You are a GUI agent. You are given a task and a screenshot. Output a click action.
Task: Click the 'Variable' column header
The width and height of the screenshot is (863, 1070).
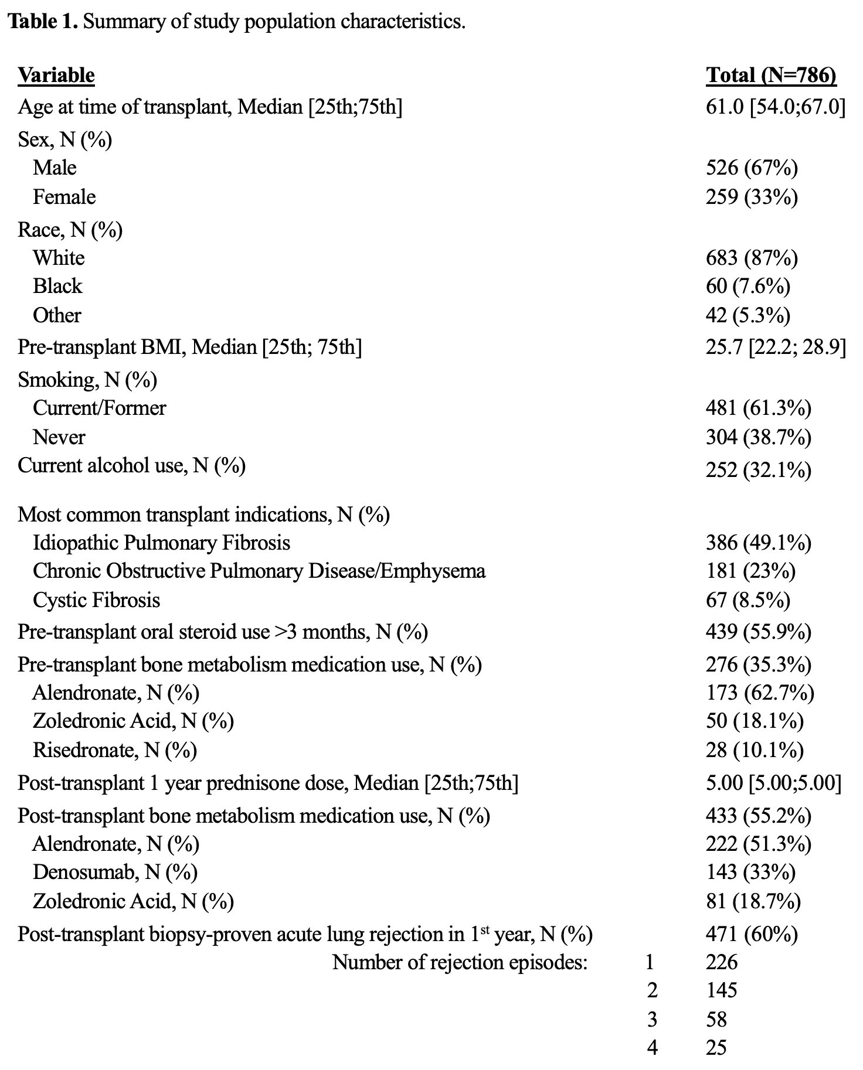point(56,76)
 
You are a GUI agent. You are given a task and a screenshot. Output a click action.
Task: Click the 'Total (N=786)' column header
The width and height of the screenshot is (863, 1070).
point(771,76)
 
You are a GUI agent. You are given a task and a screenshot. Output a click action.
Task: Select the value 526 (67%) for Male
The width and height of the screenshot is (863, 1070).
point(752,168)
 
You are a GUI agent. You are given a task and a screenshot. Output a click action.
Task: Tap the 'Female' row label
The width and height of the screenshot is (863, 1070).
point(64,197)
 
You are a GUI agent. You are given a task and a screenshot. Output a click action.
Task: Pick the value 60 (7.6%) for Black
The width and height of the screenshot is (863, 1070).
point(748,287)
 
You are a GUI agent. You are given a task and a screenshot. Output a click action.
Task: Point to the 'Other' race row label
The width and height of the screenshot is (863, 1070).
point(57,315)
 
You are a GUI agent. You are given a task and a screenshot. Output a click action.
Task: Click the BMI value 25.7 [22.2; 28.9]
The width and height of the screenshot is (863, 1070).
point(776,347)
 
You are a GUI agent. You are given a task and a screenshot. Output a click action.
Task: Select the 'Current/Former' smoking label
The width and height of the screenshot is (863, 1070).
point(99,408)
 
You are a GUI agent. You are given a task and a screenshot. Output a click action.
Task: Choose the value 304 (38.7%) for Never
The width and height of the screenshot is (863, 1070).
point(759,438)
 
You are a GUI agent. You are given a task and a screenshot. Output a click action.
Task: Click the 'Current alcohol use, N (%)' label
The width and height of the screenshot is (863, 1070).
point(131,466)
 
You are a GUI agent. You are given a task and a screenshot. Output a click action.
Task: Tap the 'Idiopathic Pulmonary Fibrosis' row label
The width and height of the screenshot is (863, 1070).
point(161,543)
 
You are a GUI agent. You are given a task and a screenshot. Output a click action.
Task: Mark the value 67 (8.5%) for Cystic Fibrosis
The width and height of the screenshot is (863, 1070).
point(748,601)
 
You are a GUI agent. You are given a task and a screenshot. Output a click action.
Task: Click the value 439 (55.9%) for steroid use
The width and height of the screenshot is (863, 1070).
point(759,632)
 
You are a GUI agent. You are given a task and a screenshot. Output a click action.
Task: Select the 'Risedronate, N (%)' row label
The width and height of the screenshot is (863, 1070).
point(115,751)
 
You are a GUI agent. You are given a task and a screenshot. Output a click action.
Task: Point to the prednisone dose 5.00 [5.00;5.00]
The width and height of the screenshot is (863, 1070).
point(773,783)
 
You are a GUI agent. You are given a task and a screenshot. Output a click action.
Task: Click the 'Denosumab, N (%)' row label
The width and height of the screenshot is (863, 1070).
point(115,873)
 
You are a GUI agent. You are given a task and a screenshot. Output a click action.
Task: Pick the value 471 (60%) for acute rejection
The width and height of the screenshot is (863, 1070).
point(752,934)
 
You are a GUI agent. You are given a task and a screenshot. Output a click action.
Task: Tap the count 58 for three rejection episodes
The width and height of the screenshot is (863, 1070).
point(716,1020)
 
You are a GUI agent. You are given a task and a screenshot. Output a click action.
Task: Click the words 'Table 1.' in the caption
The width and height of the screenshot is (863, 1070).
point(43,22)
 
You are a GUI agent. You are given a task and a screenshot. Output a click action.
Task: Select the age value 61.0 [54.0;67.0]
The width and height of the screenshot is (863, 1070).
point(776,107)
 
